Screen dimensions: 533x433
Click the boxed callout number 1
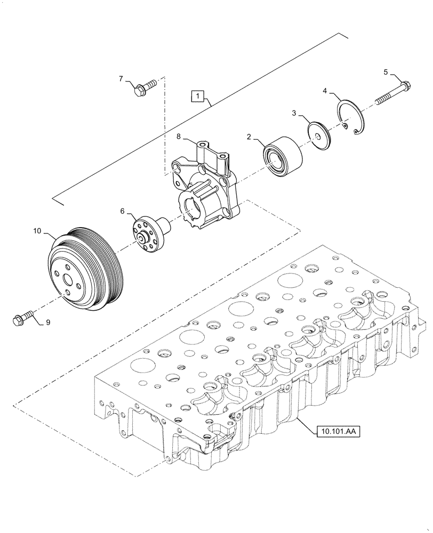pos(198,96)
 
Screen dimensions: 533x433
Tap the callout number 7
pos(121,79)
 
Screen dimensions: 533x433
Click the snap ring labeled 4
pos(351,117)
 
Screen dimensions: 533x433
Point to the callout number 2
pos(248,137)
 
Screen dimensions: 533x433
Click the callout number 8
pos(180,137)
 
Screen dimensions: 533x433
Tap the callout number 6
pos(122,211)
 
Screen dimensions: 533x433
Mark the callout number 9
pos(47,321)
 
